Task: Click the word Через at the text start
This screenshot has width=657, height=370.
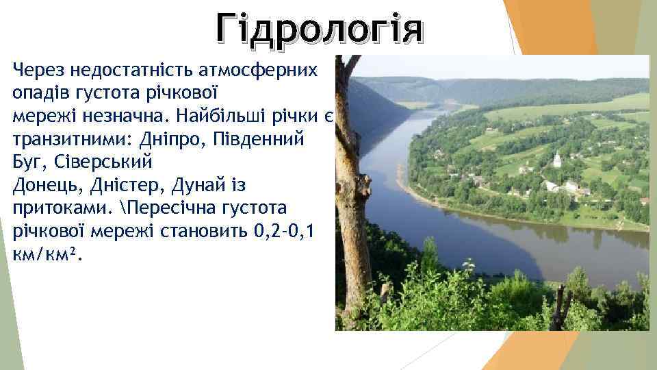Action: (35, 69)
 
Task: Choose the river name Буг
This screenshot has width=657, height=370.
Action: (25, 162)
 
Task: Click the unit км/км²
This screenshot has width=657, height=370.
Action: (44, 256)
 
